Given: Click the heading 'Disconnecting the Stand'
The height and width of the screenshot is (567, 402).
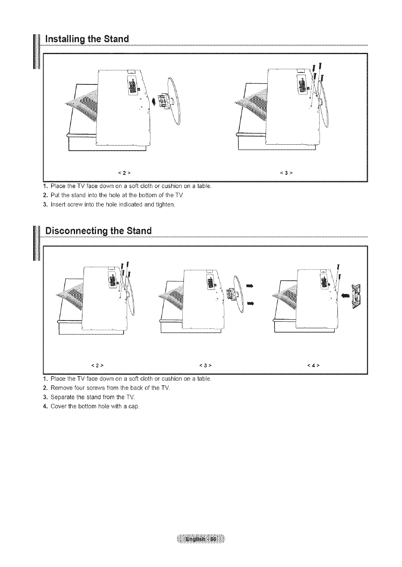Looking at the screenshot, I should click(x=98, y=230).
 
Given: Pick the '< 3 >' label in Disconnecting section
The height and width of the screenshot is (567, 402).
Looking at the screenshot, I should click(x=204, y=365).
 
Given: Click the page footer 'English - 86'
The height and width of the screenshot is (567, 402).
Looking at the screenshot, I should click(x=201, y=540).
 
